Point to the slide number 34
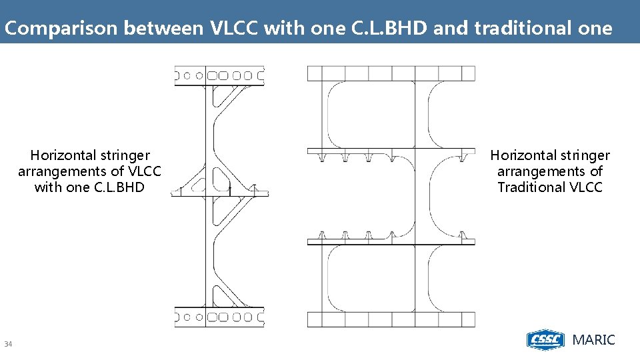point(9,344)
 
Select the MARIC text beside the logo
point(594,340)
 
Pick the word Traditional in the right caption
point(532,187)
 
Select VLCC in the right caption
point(587,187)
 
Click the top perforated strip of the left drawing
point(219,76)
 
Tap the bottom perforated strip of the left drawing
point(219,317)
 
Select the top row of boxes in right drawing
point(391,73)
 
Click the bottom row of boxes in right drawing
point(391,319)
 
